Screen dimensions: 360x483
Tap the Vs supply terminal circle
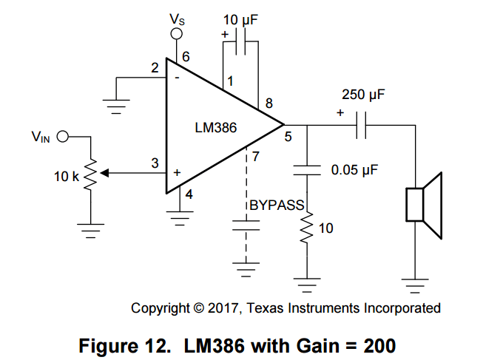177,34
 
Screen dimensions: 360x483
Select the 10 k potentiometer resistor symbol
89,174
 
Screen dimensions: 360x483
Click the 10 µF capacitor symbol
241,45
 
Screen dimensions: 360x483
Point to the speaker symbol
423,205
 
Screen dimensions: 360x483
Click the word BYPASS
276,206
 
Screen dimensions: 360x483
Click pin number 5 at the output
288,137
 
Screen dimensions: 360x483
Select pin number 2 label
155,69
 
